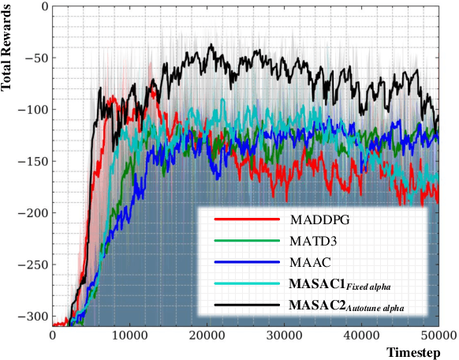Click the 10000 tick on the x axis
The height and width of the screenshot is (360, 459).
coord(129,335)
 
